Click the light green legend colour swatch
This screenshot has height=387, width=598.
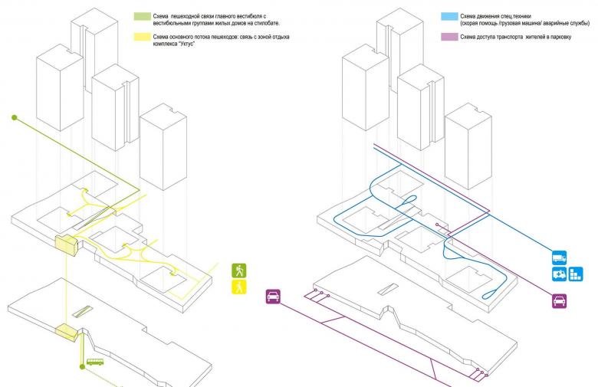[142, 15]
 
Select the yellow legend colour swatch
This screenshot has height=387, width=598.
[142, 36]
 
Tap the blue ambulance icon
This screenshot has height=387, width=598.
[559, 274]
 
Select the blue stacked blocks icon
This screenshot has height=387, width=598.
[576, 274]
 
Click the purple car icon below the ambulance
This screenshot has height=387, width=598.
[559, 301]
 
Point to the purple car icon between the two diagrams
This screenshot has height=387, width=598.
[273, 296]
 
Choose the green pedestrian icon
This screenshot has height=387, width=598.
[240, 271]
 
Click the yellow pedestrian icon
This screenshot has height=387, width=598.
[240, 287]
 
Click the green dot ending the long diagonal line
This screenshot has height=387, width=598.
[14, 117]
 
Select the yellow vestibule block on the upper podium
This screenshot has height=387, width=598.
[66, 245]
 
